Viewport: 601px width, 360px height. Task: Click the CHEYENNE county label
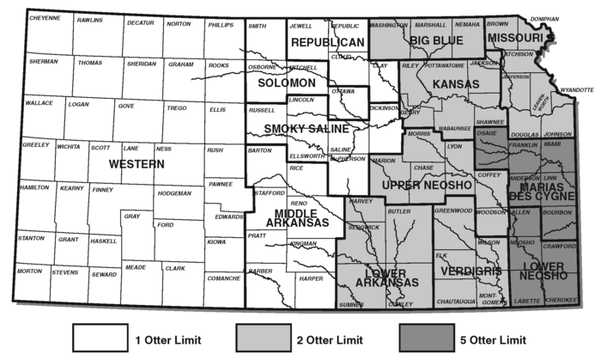pyautogui.click(x=44, y=18)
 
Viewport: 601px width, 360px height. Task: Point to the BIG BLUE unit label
pyautogui.click(x=436, y=40)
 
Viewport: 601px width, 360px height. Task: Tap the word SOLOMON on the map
pyautogui.click(x=288, y=83)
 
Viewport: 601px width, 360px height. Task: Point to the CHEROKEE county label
pyautogui.click(x=561, y=300)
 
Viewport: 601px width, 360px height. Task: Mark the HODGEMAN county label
pyautogui.click(x=173, y=193)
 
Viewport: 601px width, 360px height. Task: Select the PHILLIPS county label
pyautogui.click(x=220, y=24)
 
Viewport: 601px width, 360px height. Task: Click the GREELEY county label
pyautogui.click(x=35, y=145)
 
